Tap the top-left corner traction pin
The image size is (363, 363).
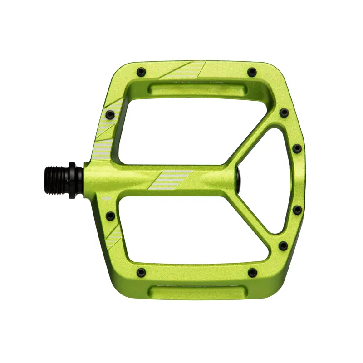(141, 71)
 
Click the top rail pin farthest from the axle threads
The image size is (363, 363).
(252, 72)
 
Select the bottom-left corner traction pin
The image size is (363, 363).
(141, 272)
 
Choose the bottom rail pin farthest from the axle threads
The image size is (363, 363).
(252, 272)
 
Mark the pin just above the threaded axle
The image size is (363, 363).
(109, 114)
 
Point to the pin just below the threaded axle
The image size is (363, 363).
(110, 216)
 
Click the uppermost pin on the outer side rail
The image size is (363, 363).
(284, 113)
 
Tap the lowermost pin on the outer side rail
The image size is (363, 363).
(283, 246)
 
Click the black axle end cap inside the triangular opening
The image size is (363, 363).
(239, 177)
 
